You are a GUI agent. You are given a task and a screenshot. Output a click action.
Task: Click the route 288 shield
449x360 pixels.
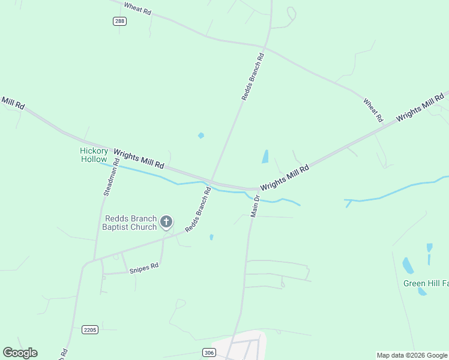119,21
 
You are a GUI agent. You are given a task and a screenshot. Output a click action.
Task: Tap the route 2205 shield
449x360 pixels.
89,329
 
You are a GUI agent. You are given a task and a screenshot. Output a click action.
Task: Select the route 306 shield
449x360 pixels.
208,352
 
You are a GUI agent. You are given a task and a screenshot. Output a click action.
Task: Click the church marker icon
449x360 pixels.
167,223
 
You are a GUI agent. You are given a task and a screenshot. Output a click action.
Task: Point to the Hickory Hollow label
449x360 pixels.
94,155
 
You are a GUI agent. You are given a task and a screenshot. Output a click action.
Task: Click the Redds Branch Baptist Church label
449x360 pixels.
130,223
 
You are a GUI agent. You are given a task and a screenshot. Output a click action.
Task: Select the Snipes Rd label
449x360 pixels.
143,268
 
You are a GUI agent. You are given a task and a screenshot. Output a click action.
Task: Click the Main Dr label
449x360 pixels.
255,205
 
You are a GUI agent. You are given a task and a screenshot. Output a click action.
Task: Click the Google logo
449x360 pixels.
20,353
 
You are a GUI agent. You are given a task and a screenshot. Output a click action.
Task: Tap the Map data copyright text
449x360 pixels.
412,355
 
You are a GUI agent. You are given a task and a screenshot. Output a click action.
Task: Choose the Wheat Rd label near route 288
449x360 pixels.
137,8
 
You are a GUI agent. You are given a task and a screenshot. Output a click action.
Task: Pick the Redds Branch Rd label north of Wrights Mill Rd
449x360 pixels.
252,77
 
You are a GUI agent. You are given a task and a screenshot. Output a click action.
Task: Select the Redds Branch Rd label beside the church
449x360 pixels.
198,210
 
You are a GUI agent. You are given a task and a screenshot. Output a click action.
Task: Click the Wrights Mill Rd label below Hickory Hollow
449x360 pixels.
139,159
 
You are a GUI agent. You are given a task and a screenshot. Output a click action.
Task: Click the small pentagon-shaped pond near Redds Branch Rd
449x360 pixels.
201,136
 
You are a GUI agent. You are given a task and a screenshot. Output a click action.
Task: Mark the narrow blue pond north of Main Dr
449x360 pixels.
265,157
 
